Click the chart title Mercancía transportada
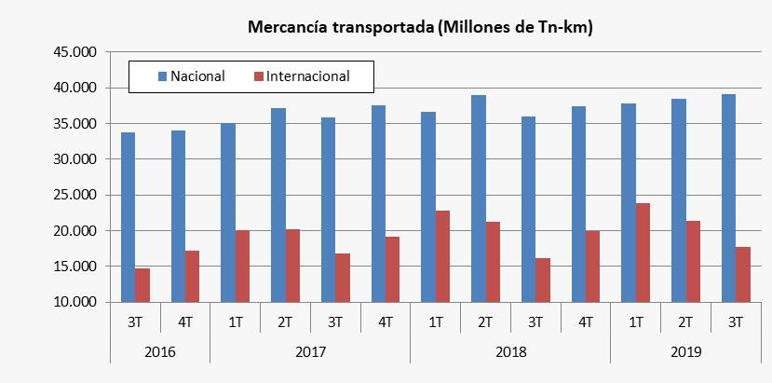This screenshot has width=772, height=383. click(420, 28)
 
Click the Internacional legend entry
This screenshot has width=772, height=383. click(307, 76)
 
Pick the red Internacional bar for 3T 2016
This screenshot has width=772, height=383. click(142, 285)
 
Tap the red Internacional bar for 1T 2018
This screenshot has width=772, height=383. click(442, 256)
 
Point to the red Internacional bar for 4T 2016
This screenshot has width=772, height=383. click(192, 276)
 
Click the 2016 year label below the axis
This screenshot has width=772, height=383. click(159, 352)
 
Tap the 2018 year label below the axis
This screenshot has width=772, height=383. click(510, 352)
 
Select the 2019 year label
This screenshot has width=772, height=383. click(685, 352)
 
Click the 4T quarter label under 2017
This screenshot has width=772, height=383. click(385, 321)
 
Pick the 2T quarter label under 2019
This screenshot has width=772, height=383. click(685, 321)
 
